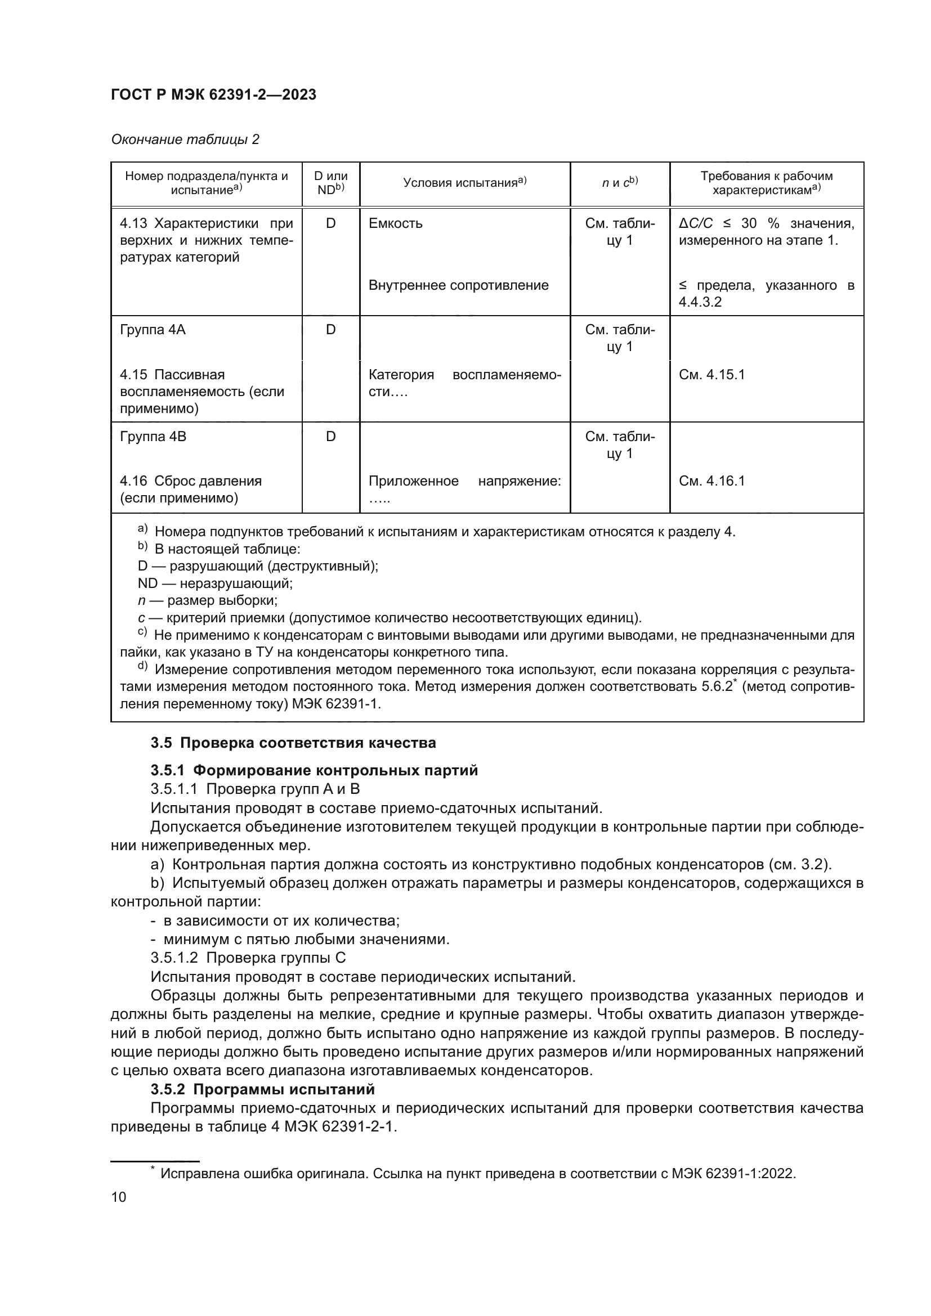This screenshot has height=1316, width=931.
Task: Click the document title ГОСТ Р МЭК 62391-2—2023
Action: tap(213, 95)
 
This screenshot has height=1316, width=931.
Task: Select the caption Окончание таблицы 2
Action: tap(185, 140)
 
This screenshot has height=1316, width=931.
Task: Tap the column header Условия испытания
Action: tap(464, 183)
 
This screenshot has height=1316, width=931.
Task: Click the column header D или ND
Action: tap(331, 183)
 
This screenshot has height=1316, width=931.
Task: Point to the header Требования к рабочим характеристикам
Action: tap(767, 183)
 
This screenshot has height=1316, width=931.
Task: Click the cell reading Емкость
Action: tap(396, 223)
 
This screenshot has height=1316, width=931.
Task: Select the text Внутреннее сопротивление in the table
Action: tap(459, 285)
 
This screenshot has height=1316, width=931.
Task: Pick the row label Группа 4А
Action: tap(153, 330)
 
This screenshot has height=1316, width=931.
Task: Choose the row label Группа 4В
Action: tap(153, 437)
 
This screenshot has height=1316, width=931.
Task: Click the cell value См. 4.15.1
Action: tap(711, 375)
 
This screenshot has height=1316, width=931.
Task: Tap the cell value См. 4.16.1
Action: tap(711, 481)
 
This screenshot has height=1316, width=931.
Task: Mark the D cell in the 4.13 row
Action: tap(331, 223)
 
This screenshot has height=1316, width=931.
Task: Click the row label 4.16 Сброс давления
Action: tap(191, 482)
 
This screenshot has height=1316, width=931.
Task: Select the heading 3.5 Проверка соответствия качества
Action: tap(293, 743)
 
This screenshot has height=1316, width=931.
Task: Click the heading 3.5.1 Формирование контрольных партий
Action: tap(314, 770)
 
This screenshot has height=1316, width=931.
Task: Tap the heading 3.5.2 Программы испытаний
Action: tap(262, 1089)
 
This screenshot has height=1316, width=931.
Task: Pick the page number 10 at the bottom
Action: tap(119, 1197)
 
